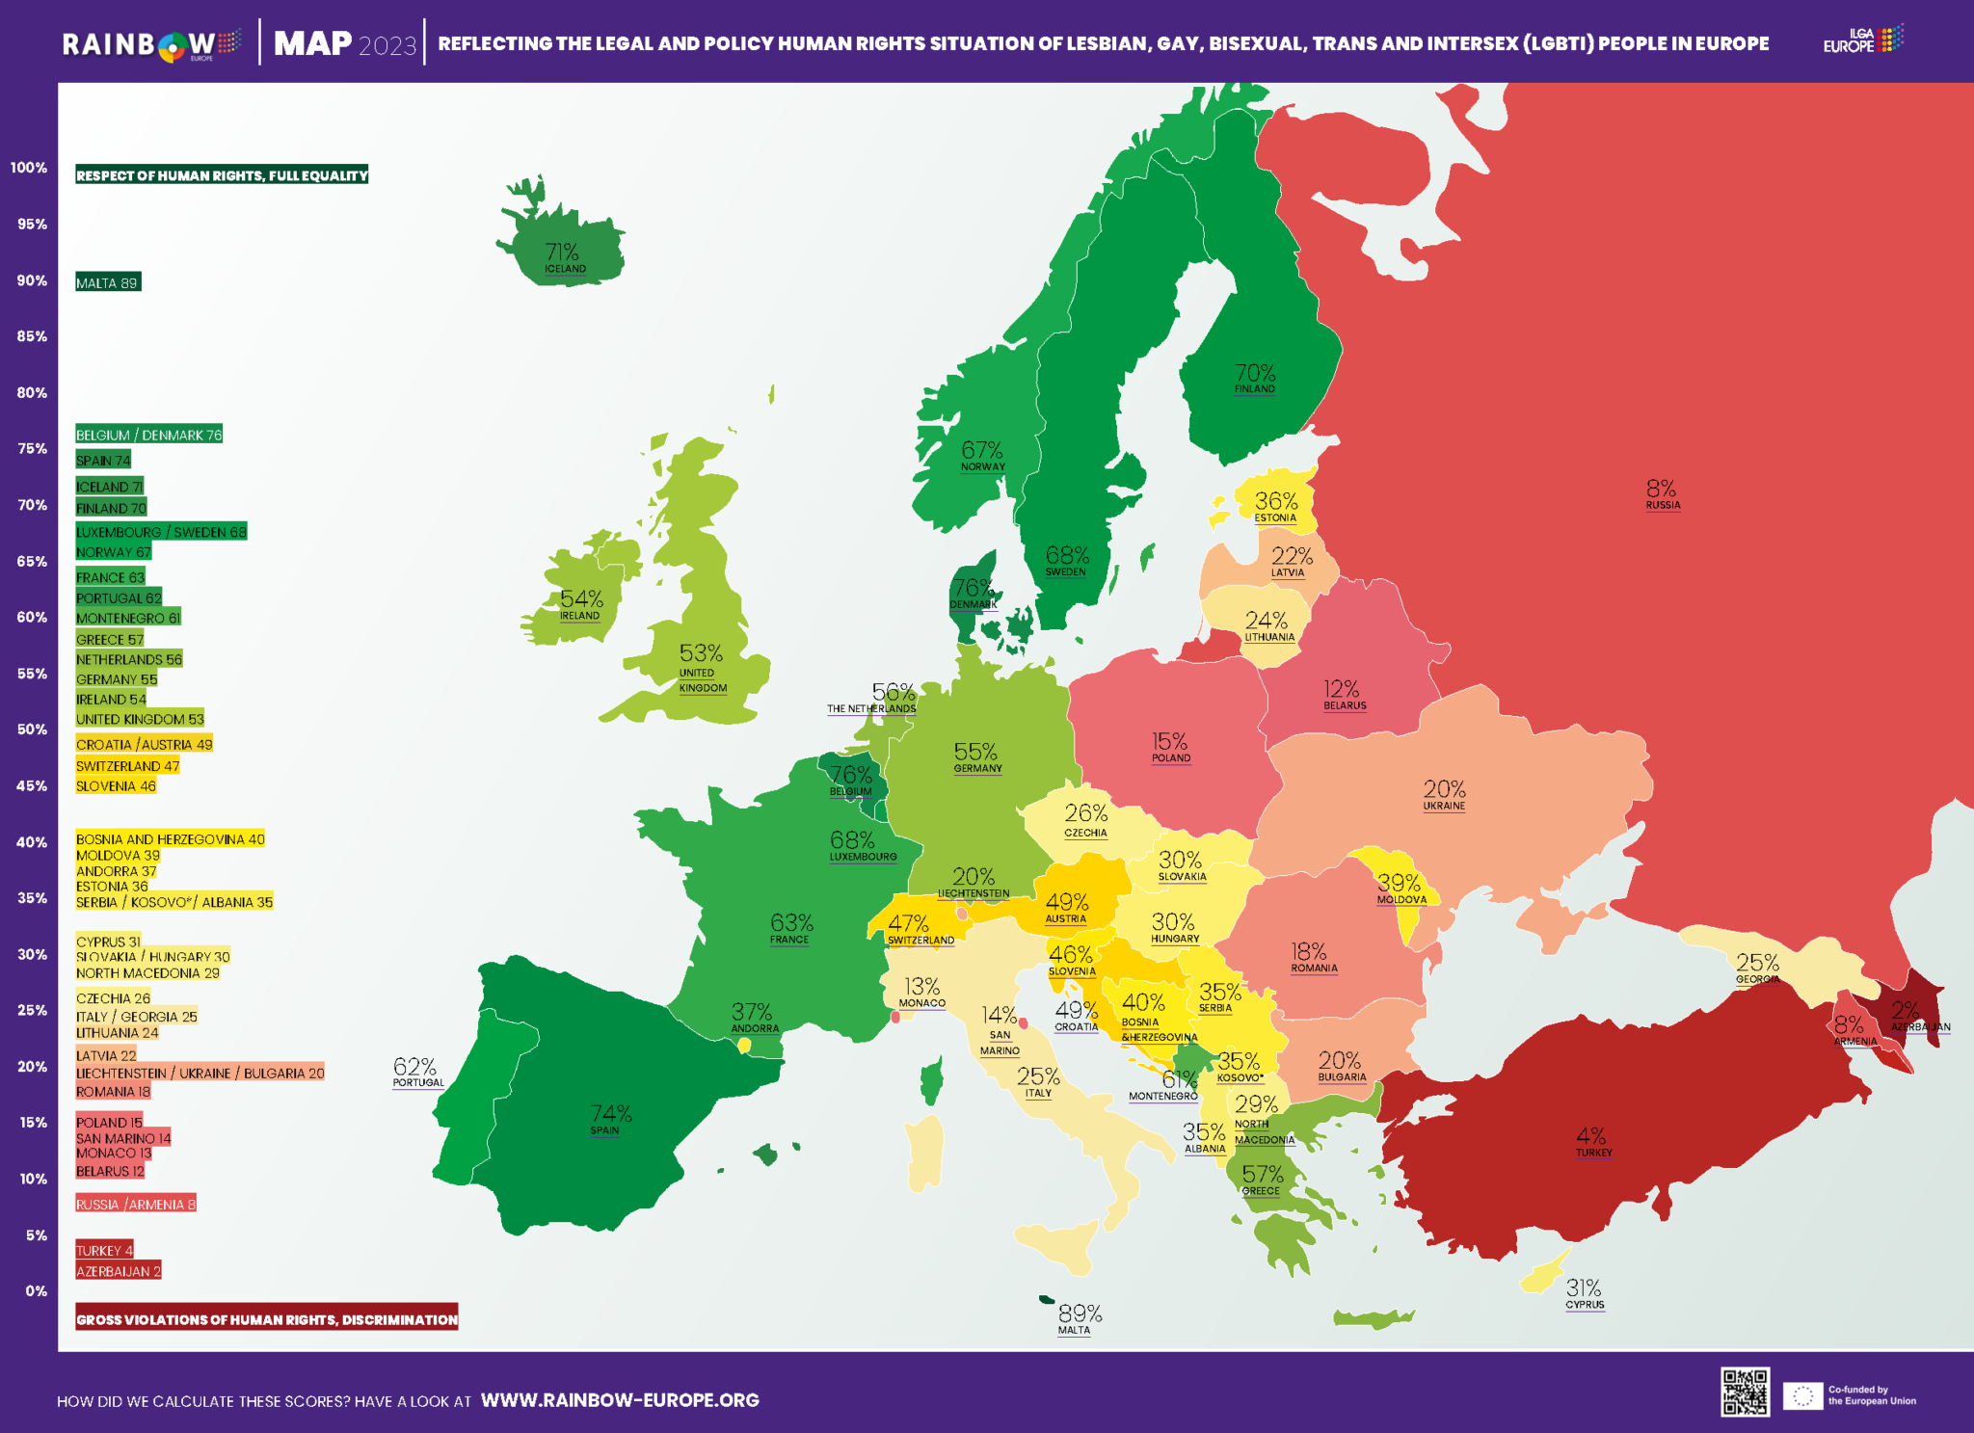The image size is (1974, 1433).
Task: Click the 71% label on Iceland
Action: click(562, 252)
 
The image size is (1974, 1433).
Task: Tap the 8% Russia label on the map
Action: click(1661, 490)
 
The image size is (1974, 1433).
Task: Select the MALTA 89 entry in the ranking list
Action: click(108, 282)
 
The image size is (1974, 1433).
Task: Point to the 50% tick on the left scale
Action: click(32, 730)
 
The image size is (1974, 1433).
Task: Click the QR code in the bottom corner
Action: click(1745, 1393)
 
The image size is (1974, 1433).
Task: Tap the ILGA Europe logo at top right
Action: click(1862, 40)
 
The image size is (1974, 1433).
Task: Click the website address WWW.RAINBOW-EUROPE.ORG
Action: click(620, 1400)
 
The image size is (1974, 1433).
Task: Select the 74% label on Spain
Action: click(611, 1115)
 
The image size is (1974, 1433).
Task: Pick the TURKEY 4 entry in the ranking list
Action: click(104, 1250)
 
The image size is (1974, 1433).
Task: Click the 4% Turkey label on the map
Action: click(1590, 1136)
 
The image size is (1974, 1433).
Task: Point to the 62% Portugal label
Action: click(415, 1068)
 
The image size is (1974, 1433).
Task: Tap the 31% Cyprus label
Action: click(1584, 1288)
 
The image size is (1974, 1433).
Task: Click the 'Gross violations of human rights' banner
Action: click(267, 1319)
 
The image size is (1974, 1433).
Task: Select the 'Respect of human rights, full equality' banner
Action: click(222, 175)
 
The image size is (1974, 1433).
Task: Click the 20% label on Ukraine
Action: click(1444, 789)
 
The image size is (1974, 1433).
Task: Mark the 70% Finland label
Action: click(1255, 373)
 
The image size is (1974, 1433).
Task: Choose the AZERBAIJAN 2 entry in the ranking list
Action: click(119, 1271)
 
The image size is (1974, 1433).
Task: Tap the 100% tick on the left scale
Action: click(29, 168)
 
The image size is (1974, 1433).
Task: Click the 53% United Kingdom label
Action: click(701, 653)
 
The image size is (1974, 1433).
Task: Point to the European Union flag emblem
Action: click(1802, 1395)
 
